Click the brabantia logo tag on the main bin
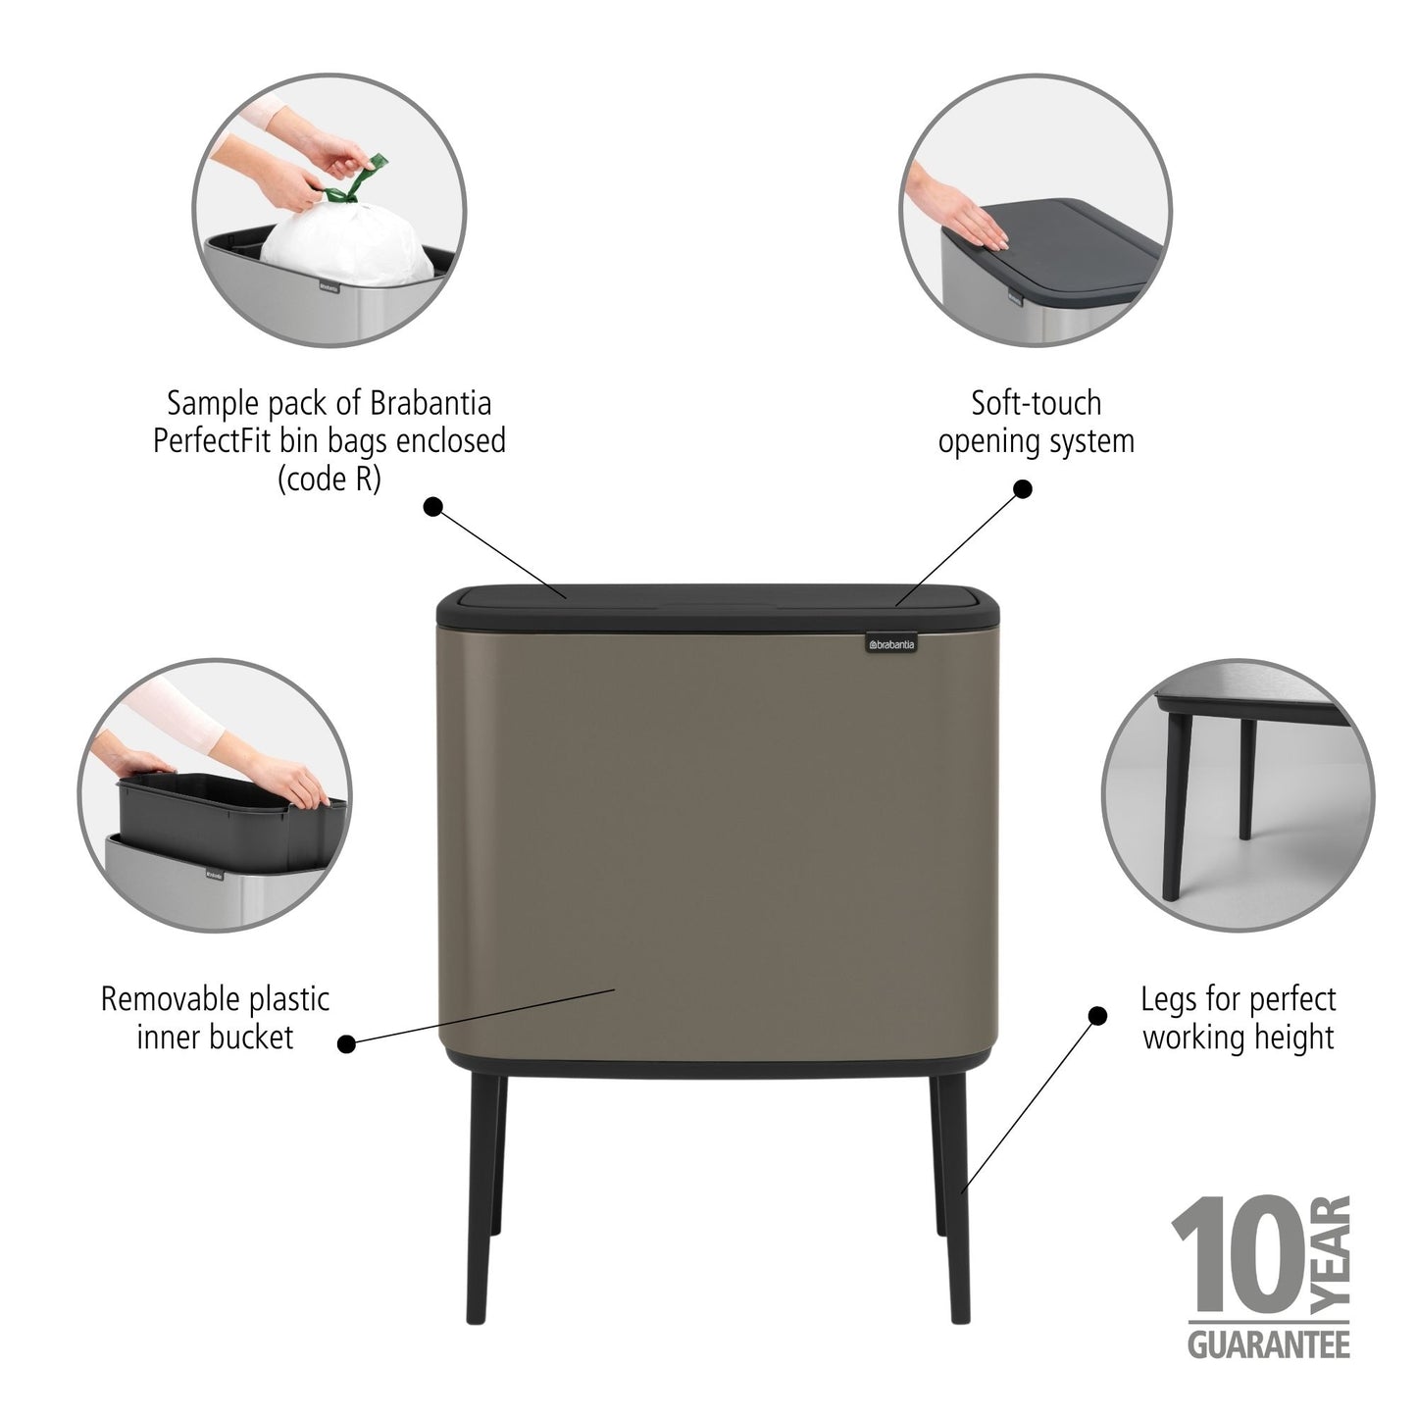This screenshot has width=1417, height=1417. point(889,643)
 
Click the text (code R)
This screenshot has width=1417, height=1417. point(329,480)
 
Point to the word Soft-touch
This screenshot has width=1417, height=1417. point(1036,403)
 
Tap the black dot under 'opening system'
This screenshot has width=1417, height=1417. point(1023,488)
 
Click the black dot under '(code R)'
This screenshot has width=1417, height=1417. point(432,506)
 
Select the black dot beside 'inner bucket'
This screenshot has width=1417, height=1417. point(346,1044)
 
